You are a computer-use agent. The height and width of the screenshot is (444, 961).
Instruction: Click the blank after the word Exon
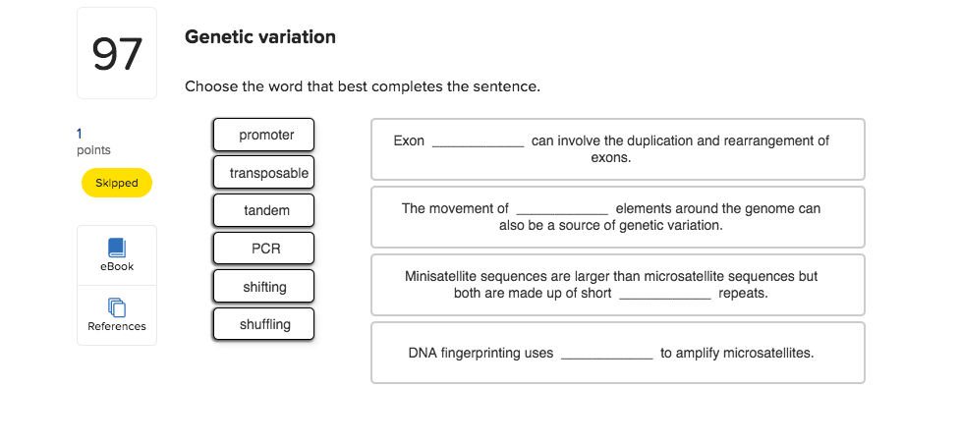click(x=478, y=142)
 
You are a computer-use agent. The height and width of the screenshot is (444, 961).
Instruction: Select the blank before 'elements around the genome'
click(x=562, y=210)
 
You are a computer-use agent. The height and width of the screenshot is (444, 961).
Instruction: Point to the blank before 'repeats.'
click(x=664, y=295)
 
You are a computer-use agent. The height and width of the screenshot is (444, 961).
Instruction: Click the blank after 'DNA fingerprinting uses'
click(x=606, y=355)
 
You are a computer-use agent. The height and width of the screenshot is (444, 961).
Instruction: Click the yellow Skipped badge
click(x=116, y=183)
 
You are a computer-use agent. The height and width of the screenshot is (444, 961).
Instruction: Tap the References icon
click(x=117, y=308)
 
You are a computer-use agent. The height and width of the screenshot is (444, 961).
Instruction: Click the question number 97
click(x=117, y=54)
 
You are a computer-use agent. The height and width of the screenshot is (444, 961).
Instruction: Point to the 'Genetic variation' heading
click(x=260, y=37)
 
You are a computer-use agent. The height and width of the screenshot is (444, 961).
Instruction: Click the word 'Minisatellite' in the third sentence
click(x=441, y=277)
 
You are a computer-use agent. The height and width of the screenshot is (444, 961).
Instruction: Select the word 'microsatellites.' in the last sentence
click(x=768, y=353)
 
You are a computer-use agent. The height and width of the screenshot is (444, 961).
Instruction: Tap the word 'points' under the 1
click(x=93, y=150)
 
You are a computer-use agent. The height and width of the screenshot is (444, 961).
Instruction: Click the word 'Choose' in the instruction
click(x=210, y=86)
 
